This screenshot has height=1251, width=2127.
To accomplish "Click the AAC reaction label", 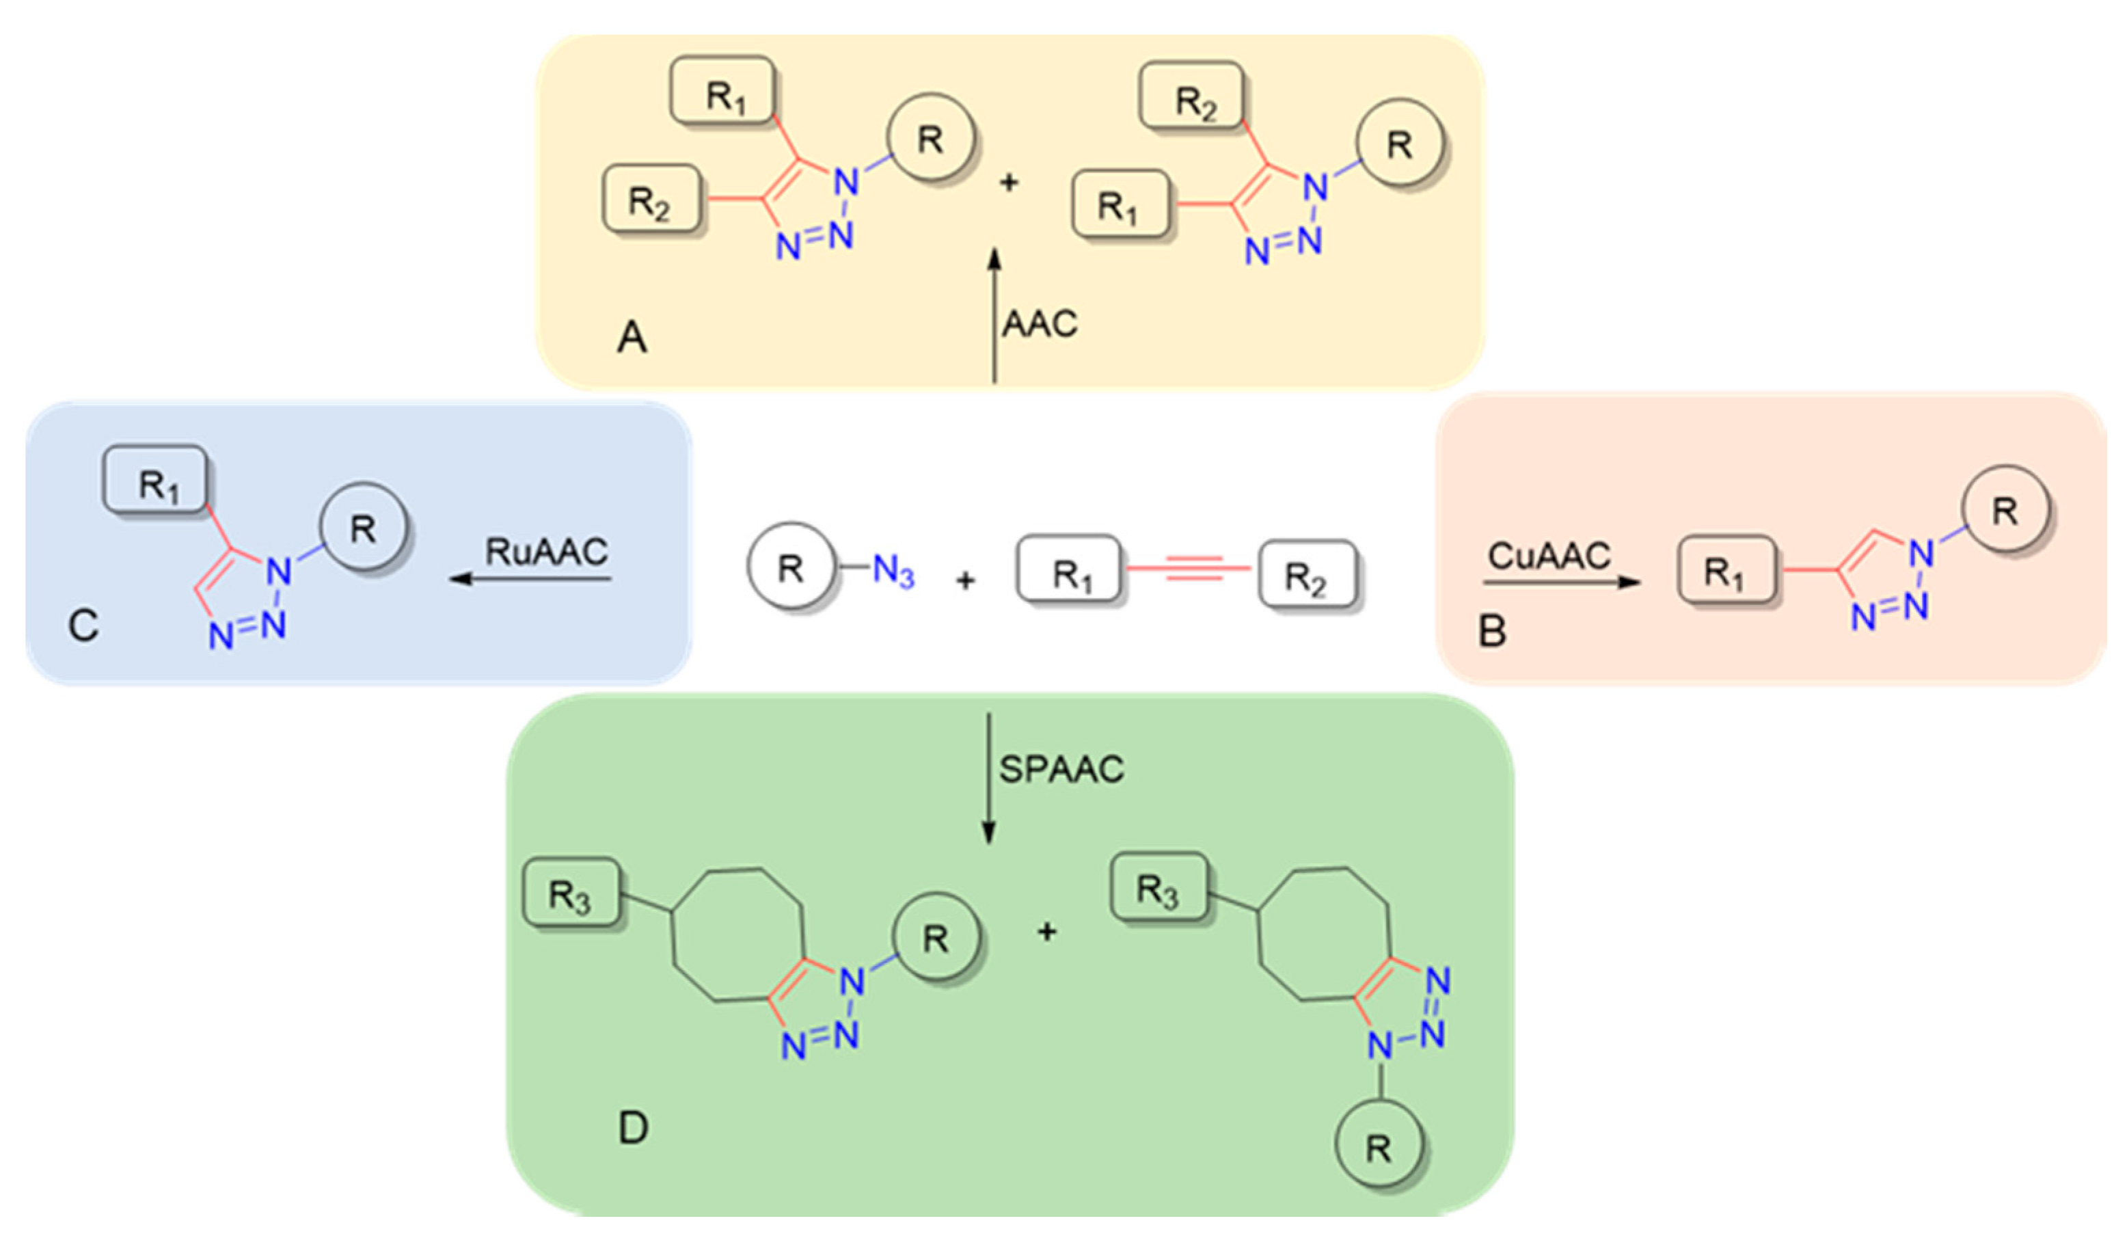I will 1039,324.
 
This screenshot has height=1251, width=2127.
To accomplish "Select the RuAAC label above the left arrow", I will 546,552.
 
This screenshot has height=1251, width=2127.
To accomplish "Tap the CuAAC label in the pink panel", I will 1549,556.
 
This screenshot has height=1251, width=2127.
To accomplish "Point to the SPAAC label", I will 1061,769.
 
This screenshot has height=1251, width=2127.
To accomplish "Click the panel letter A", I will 632,338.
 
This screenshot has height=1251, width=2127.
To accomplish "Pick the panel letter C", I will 83,626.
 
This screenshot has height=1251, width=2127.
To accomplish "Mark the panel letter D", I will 633,1128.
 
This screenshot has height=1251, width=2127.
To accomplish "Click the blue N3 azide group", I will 893,571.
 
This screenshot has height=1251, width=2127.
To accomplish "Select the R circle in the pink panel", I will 2005,511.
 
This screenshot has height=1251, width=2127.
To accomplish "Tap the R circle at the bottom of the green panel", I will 1379,1147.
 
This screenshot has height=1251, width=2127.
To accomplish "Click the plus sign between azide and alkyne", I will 966,581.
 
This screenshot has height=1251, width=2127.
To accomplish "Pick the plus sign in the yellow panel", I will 1009,183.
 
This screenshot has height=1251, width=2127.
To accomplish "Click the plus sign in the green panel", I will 1046,932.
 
